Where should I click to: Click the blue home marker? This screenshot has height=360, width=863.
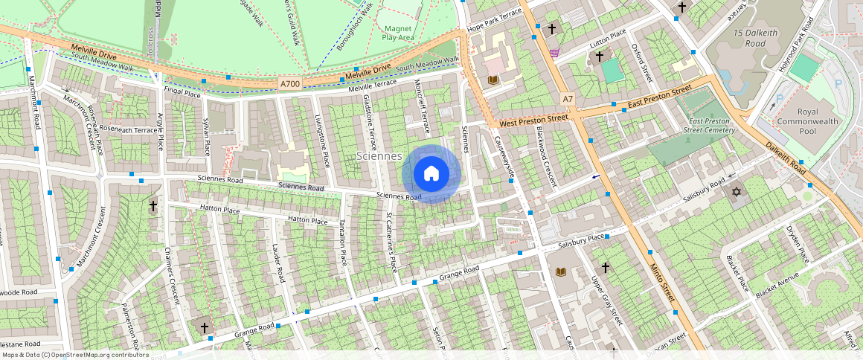431,174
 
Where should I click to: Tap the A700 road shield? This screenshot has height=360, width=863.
291,84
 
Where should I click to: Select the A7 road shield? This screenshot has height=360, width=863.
568,99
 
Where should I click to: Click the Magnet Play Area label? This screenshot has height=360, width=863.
397,32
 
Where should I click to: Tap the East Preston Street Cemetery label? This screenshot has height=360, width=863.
708,125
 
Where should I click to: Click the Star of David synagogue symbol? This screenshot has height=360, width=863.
737,193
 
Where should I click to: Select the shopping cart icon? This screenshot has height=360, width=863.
554,53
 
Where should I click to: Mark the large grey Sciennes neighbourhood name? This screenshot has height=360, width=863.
379,156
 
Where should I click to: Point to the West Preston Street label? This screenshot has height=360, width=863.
533,120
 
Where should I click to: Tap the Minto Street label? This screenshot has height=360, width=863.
661,282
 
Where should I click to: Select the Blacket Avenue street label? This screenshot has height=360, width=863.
777,285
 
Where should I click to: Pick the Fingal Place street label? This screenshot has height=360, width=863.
182,94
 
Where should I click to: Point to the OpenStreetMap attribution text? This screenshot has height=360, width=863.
74,355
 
